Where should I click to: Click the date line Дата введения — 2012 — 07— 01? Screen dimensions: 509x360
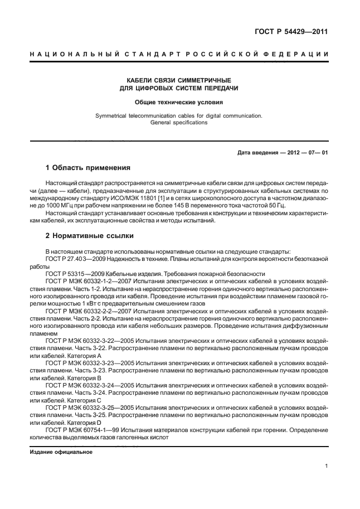pyautogui.click(x=283, y=152)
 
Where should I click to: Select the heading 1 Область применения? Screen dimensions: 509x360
pyautogui.click(x=87, y=167)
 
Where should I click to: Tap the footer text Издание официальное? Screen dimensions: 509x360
pyautogui.click(x=61, y=452)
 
